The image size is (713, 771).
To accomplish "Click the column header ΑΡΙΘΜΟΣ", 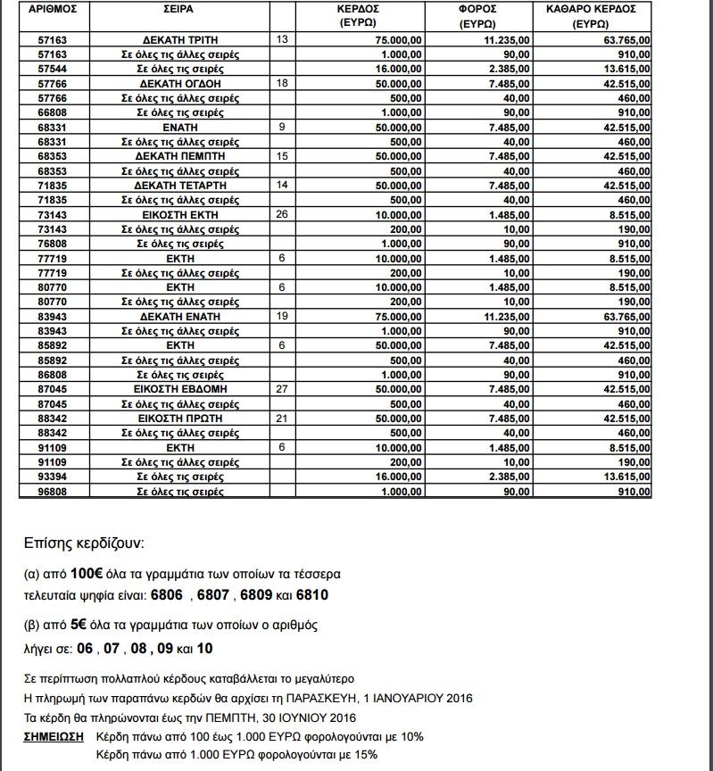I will click(59, 9).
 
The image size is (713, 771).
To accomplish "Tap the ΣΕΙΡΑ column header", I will click(178, 9).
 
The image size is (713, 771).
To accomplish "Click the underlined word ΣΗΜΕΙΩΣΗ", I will click(54, 737).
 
